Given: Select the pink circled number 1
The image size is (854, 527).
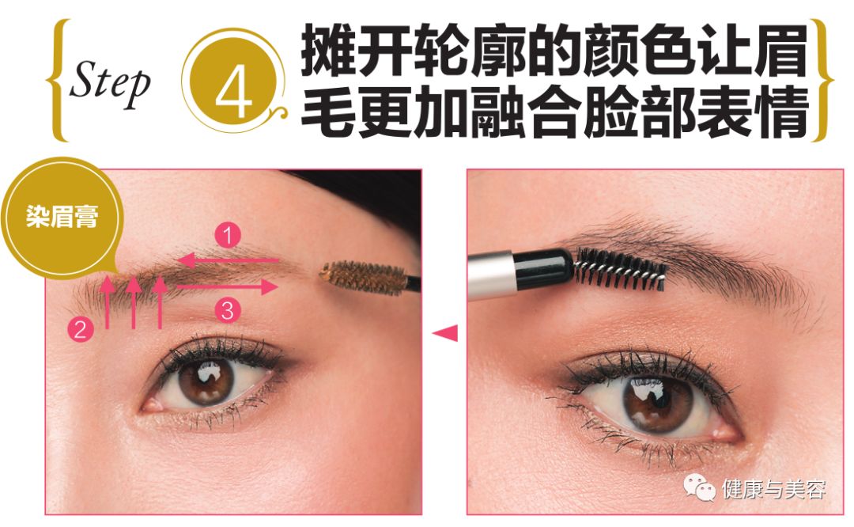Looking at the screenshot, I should coord(229,235).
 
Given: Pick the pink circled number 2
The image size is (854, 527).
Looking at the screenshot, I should coord(80,329).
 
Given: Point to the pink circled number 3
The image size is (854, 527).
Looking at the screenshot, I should coord(228,311).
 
